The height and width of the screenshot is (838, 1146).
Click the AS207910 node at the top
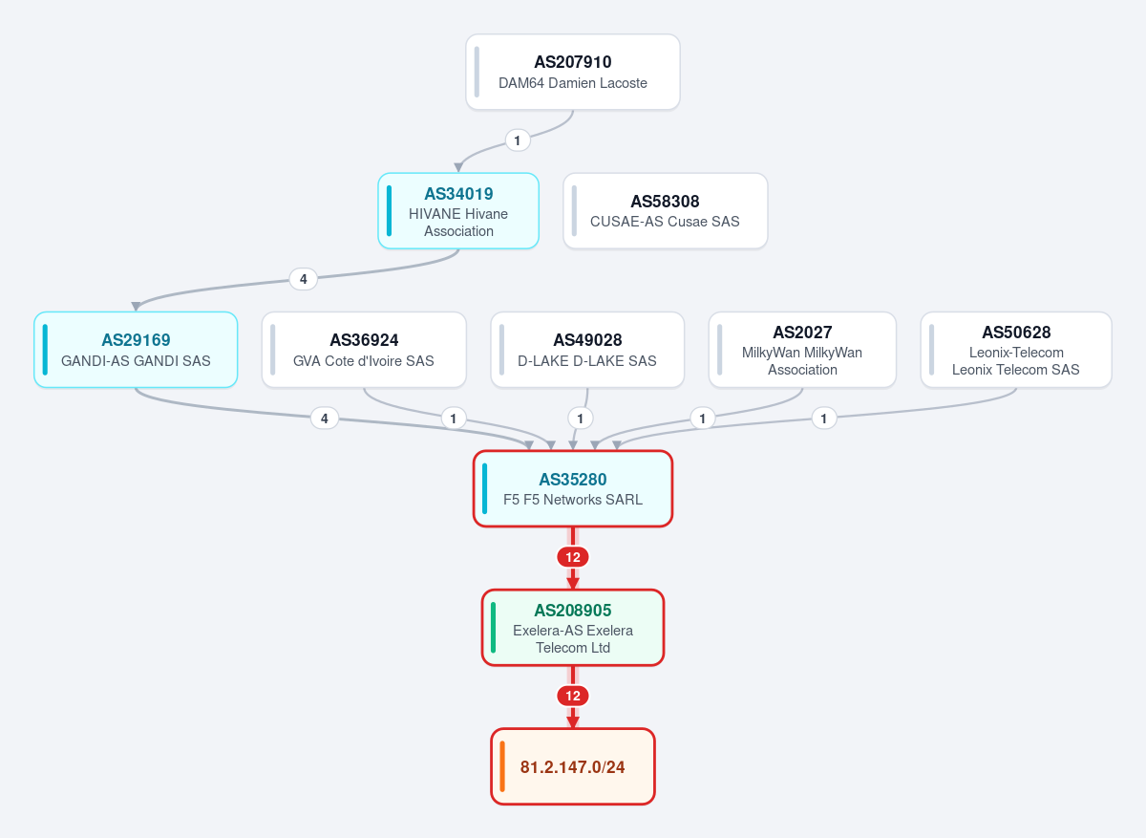coord(572,72)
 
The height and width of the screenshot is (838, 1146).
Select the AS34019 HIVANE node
coord(458,211)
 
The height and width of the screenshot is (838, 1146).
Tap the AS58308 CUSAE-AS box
coord(665,211)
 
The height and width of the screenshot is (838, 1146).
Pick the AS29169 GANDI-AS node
coord(136,350)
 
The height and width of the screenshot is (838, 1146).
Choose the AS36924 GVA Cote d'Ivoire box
coord(364,350)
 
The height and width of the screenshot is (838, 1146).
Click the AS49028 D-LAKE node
coord(587,350)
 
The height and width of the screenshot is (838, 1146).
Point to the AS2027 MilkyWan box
coord(802,350)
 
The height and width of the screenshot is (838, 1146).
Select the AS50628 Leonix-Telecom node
coord(1016,350)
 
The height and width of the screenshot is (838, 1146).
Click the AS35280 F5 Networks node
coord(572,488)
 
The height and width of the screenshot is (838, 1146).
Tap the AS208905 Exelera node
coord(572,628)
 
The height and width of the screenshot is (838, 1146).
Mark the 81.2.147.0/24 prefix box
coord(572,766)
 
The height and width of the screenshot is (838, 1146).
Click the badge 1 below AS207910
coord(518,140)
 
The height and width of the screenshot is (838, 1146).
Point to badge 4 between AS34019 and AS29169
coord(304,279)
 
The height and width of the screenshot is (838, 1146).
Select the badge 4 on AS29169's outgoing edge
coord(325,419)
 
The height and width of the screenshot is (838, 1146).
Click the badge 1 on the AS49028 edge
coord(581,419)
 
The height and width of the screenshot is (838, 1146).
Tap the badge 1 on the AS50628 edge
coord(823,419)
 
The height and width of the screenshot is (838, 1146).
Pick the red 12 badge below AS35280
coord(572,557)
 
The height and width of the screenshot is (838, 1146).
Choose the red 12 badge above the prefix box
coord(572,696)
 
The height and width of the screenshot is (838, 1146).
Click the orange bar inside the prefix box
coord(502,766)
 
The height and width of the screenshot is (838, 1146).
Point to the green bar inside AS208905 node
coord(493,628)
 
